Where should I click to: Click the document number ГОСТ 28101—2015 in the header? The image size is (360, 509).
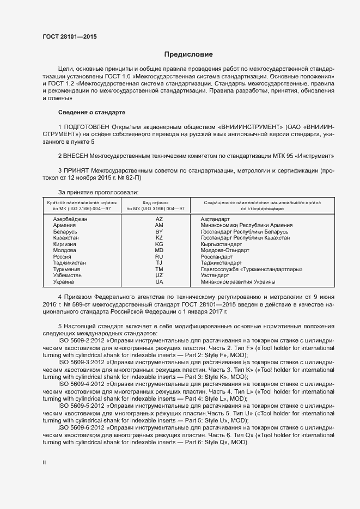tap(71, 37)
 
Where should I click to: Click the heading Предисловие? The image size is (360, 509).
tap(188, 54)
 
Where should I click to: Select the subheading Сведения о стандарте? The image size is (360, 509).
tap(91, 112)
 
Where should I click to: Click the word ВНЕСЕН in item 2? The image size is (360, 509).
tap(77, 156)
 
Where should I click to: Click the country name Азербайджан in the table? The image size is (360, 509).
tap(71, 218)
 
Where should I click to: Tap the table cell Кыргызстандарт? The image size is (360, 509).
tap(224, 244)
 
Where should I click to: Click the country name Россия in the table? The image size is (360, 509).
tap(63, 256)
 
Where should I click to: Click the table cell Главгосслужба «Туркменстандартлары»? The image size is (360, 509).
tap(252, 269)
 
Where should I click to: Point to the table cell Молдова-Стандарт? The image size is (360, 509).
tap(225, 250)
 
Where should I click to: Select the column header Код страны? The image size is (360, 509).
tap(155, 202)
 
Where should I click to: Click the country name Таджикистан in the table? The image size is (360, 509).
tap(70, 263)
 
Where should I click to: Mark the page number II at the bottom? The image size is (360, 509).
tap(44, 462)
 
